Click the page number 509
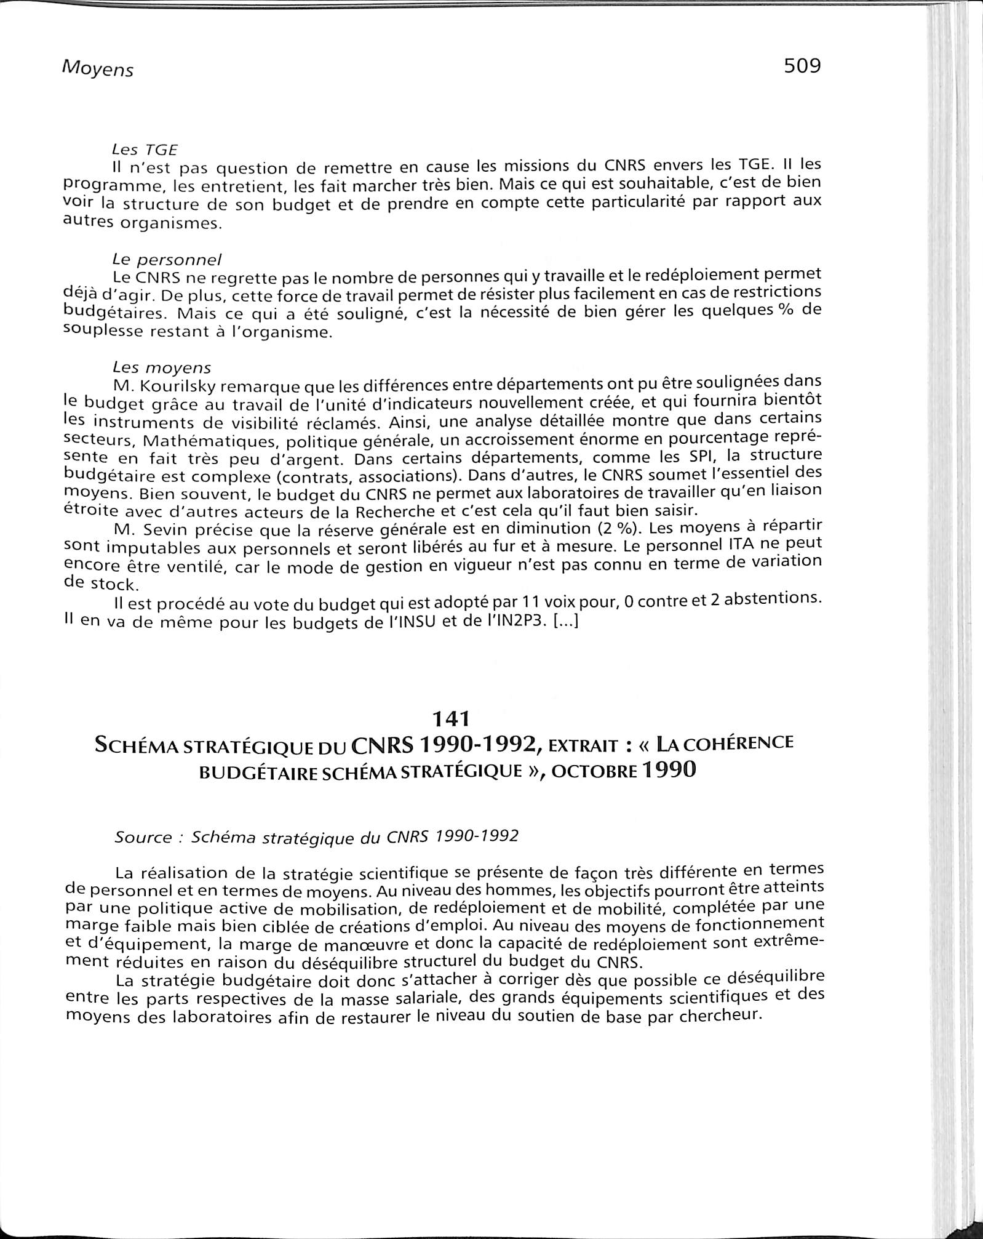pyautogui.click(x=802, y=65)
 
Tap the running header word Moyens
pyautogui.click(x=97, y=70)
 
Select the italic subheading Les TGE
pyautogui.click(x=145, y=150)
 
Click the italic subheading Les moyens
pyautogui.click(x=162, y=368)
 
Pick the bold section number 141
pyautogui.click(x=451, y=718)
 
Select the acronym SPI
pyautogui.click(x=700, y=457)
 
